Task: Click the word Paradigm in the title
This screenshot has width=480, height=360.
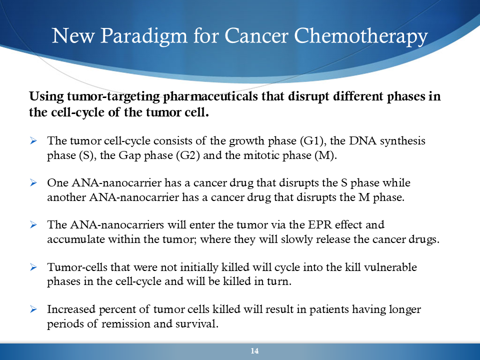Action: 144,36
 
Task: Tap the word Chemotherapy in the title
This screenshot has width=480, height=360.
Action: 361,36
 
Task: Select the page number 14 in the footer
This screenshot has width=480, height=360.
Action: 254,351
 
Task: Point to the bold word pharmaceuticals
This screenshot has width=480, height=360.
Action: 210,96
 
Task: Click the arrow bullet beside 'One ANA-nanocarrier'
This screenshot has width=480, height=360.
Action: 33,183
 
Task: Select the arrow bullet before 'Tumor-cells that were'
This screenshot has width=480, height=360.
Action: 33,267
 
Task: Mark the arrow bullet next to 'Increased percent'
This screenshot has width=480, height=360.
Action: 33,309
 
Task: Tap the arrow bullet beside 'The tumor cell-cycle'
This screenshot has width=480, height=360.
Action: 33,141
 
